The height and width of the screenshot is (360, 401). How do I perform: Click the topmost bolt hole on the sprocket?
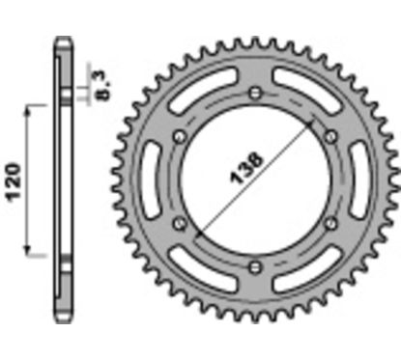pyautogui.click(x=253, y=93)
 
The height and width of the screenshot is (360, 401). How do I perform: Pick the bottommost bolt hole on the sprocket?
pyautogui.click(x=254, y=264)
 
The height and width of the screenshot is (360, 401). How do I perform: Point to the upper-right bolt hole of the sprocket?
pyautogui.click(x=329, y=135)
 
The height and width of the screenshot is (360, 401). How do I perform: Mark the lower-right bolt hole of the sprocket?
pyautogui.click(x=329, y=222)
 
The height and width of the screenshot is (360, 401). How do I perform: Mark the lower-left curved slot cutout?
pyautogui.click(x=198, y=268)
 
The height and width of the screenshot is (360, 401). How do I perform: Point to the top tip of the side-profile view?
pyautogui.click(x=61, y=39)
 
